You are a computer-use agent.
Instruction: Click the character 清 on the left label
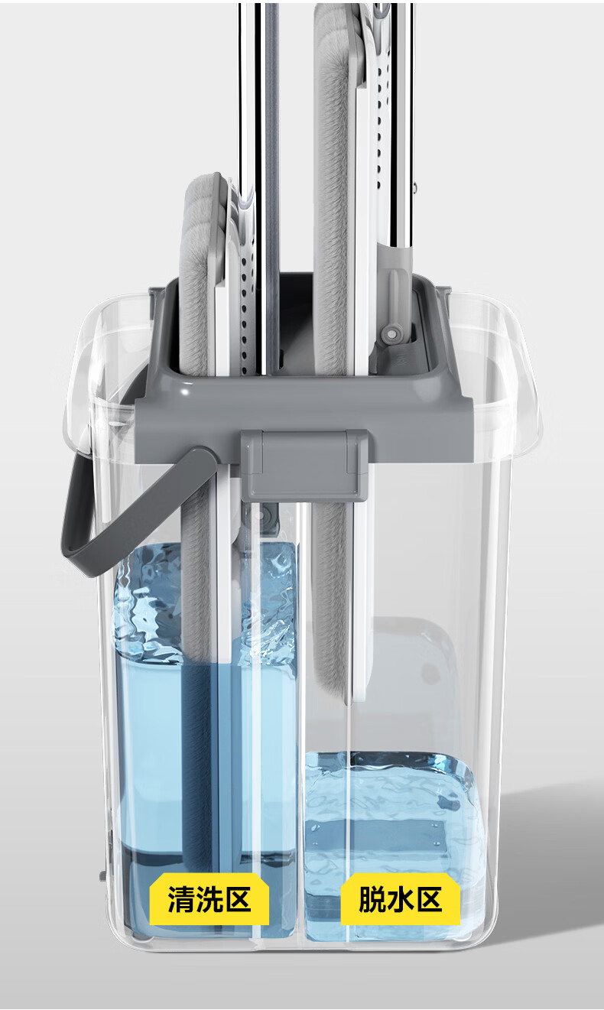click(x=180, y=899)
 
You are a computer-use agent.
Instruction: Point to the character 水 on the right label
click(x=401, y=899)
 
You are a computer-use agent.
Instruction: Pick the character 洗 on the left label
click(x=209, y=899)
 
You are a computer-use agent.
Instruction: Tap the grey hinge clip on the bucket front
click(x=307, y=464)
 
